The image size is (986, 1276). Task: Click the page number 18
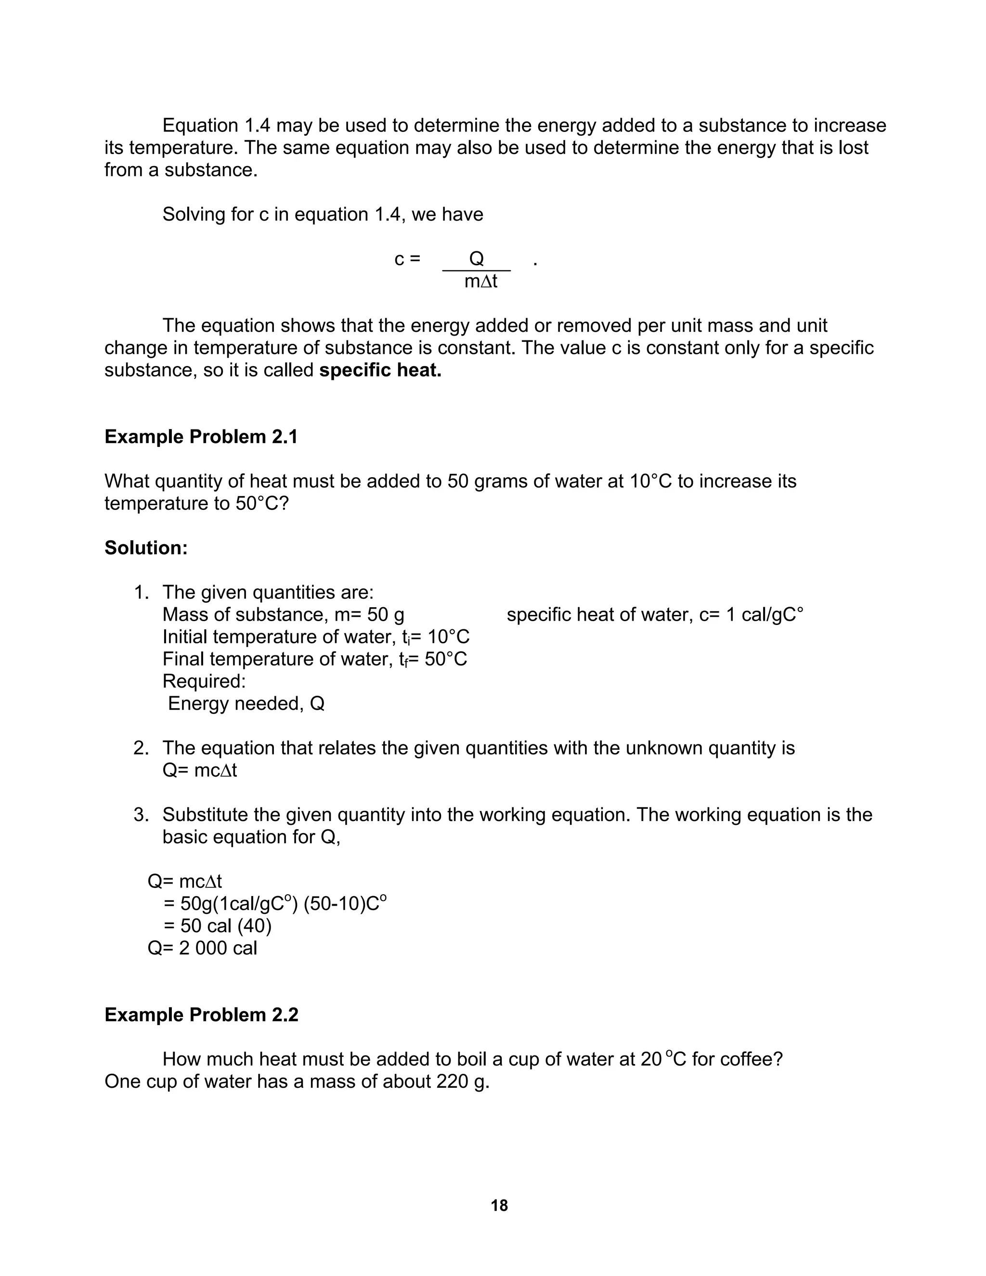(499, 1205)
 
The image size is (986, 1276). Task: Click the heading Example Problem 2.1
(201, 436)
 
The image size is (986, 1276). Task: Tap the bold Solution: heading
(146, 547)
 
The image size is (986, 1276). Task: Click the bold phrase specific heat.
(380, 370)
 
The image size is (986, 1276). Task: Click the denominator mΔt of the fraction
(481, 281)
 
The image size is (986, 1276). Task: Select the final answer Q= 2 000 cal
(202, 948)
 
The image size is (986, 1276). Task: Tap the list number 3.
(141, 814)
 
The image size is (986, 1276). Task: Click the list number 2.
(141, 748)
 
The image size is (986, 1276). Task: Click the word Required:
(204, 681)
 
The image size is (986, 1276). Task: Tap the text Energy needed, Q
(246, 703)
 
